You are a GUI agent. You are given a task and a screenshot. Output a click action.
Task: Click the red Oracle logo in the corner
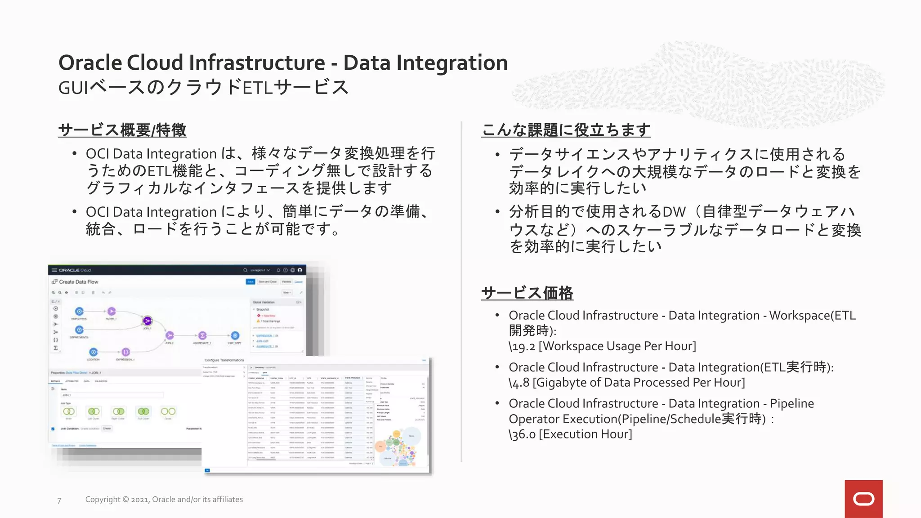(863, 499)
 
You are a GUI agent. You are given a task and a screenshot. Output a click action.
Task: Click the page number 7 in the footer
(59, 500)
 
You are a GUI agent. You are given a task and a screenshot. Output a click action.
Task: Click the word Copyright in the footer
(103, 500)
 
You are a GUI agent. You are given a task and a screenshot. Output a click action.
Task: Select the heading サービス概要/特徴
(122, 130)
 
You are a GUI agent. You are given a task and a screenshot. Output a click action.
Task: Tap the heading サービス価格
(527, 293)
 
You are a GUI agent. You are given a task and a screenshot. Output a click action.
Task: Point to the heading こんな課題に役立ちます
(566, 130)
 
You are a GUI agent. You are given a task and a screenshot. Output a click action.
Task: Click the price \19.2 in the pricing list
(522, 346)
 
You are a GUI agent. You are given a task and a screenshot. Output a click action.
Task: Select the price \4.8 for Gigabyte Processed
(519, 383)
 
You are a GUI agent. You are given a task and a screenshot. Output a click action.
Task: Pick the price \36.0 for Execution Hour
(522, 434)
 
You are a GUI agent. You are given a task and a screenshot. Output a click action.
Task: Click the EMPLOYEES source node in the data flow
(79, 311)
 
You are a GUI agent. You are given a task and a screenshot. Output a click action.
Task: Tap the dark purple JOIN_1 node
(147, 321)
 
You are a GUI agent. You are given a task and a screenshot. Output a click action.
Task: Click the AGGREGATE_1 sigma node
(202, 335)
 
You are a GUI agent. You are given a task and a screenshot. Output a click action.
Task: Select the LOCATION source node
(93, 352)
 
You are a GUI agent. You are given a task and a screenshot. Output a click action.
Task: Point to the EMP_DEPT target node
(235, 335)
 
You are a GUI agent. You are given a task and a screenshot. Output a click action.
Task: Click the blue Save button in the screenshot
(250, 281)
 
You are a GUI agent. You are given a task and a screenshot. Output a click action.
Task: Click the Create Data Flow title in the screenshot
(78, 282)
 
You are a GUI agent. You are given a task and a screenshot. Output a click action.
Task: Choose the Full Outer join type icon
(143, 411)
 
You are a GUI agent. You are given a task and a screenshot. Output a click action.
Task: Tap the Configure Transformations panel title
(224, 360)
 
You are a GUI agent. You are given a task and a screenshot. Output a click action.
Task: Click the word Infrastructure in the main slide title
(256, 63)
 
